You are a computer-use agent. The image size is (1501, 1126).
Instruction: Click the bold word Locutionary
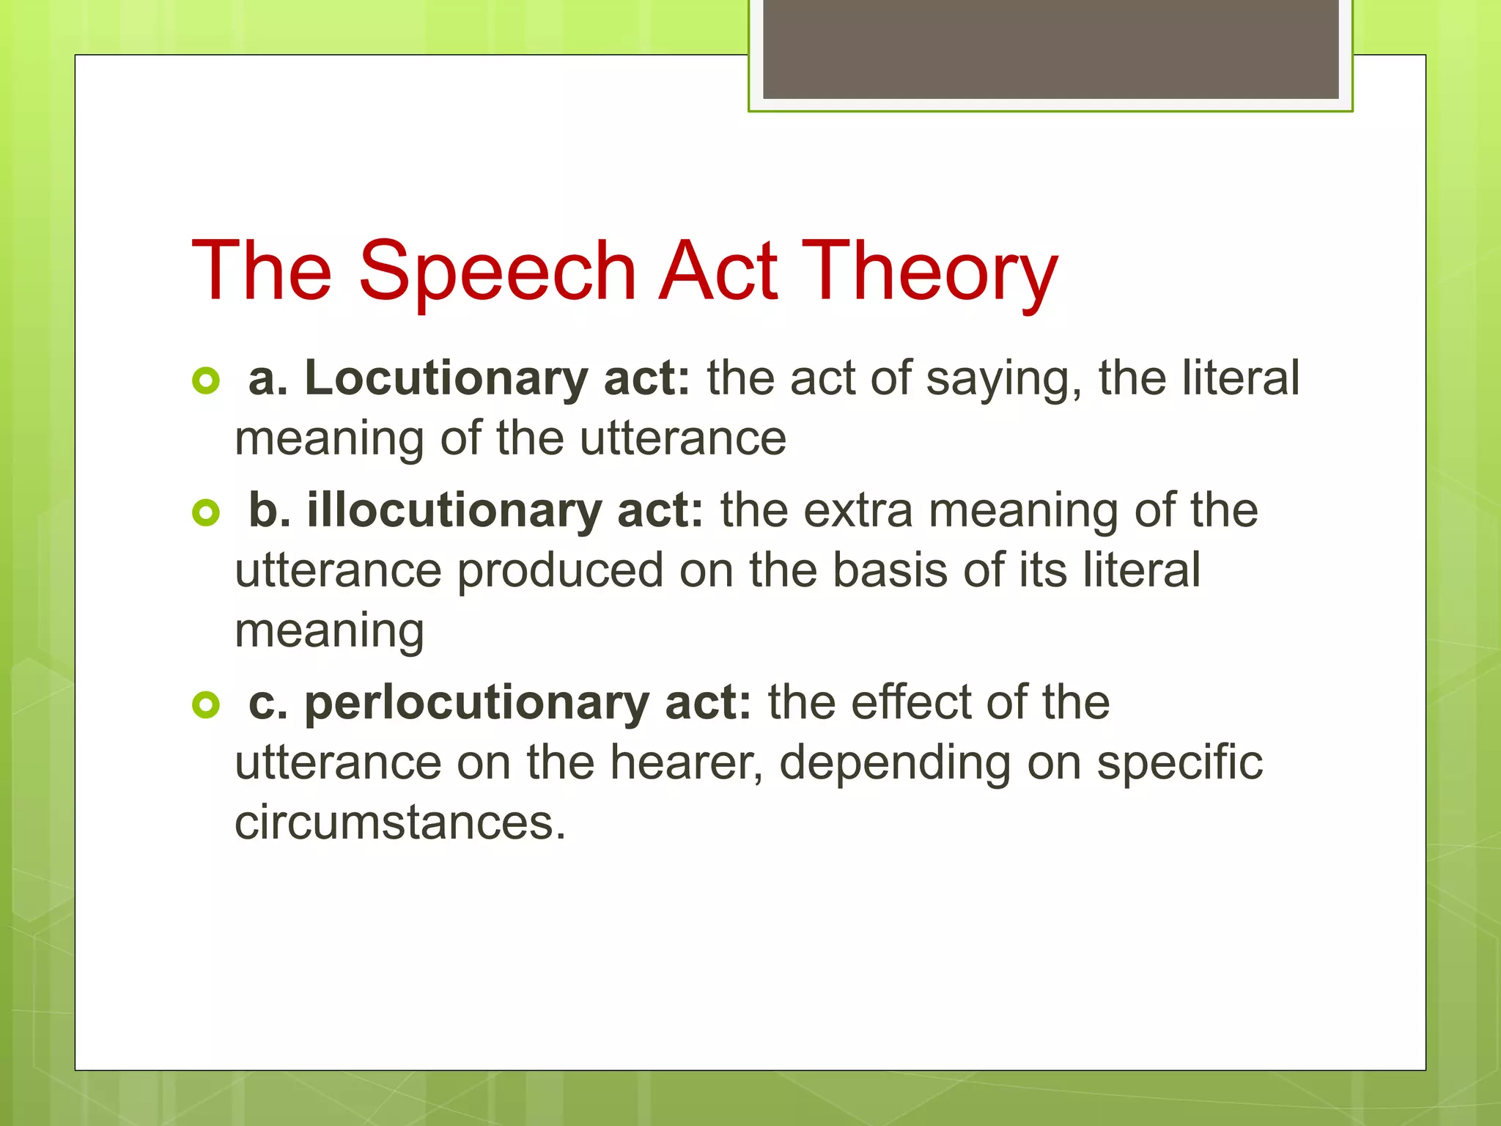pos(446,378)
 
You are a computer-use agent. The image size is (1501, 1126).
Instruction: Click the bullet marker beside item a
pos(206,380)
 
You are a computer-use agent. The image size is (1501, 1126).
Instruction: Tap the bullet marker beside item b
pos(206,512)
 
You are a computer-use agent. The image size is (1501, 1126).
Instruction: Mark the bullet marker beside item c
pos(206,704)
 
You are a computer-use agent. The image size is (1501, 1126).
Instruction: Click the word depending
pos(894,764)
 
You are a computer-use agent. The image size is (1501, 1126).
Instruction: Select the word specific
pos(1179,764)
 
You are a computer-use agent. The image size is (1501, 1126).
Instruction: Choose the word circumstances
pos(400,823)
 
